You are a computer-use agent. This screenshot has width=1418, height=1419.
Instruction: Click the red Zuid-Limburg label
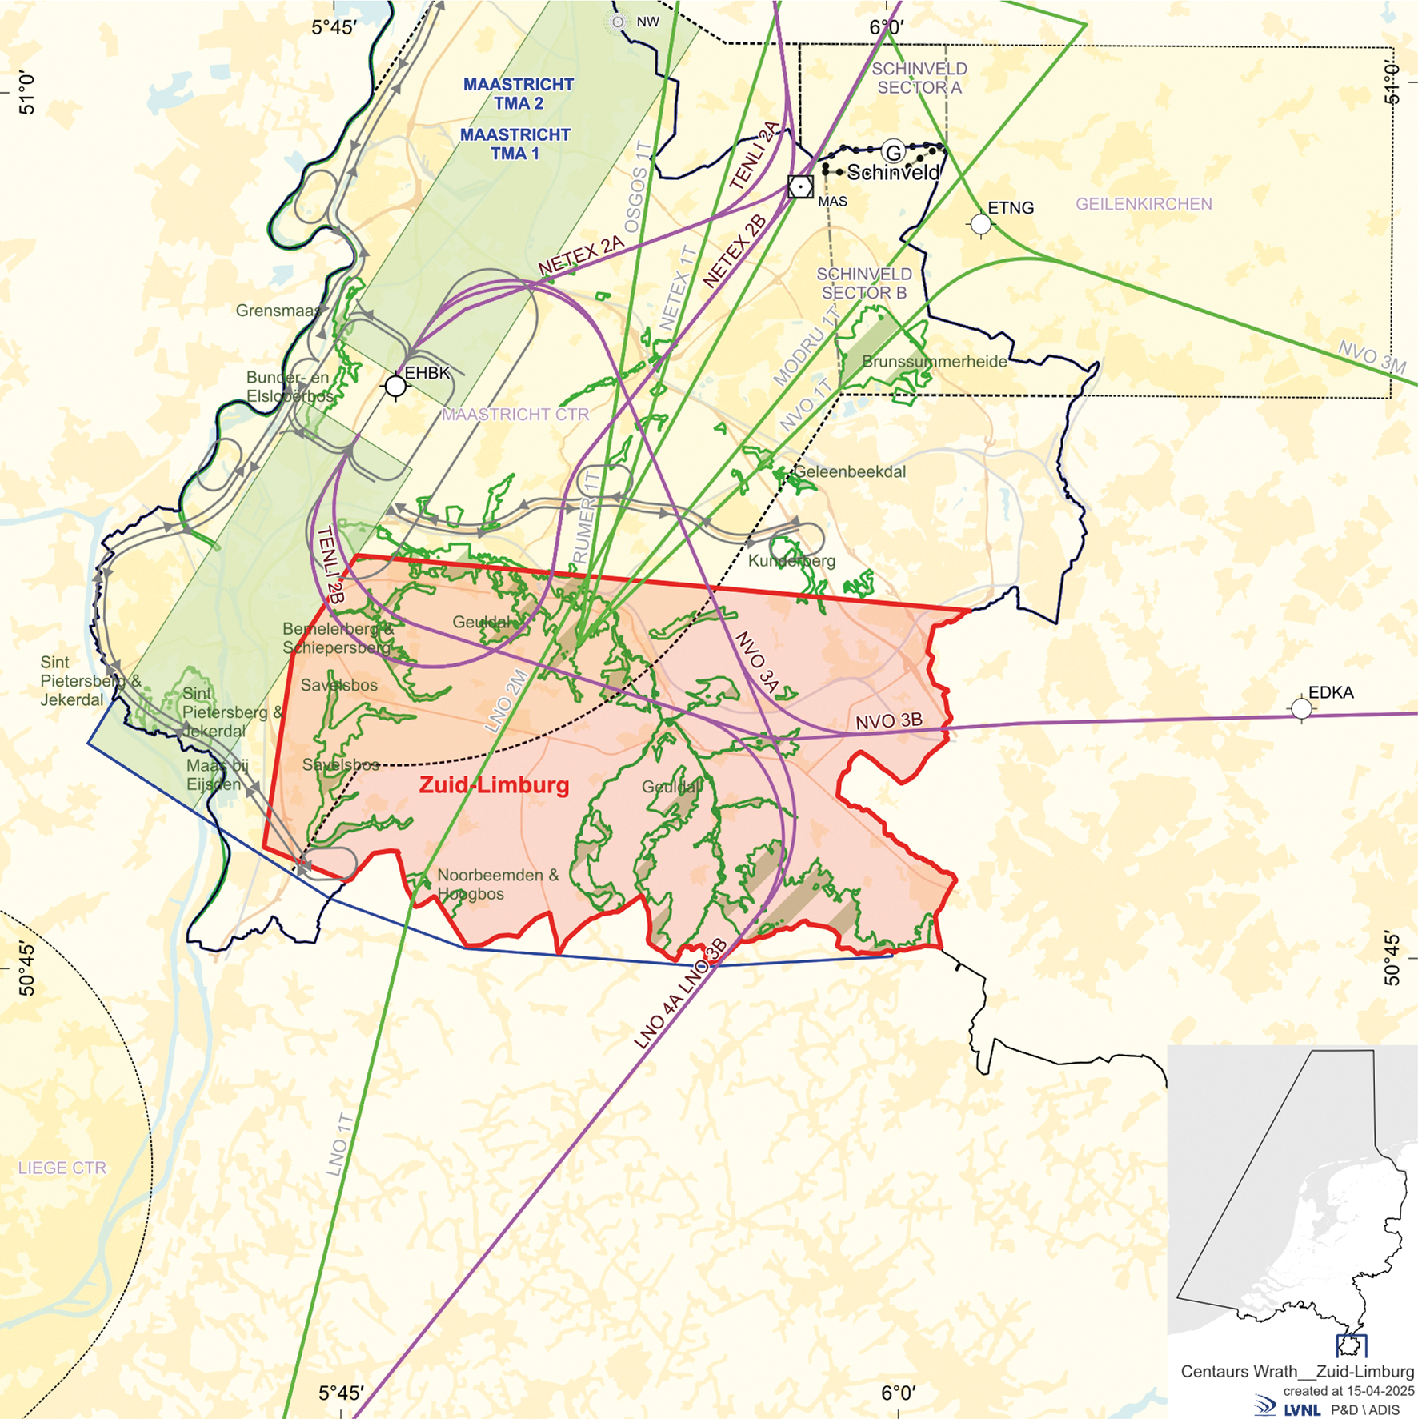pos(494,784)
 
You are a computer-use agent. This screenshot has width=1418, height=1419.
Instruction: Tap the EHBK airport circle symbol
pos(395,387)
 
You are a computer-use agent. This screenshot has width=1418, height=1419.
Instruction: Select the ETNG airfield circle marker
pos(981,224)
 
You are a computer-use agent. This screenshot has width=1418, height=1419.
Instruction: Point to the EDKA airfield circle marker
pos(1302,708)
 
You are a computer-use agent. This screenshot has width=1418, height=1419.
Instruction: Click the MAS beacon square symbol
pos(800,186)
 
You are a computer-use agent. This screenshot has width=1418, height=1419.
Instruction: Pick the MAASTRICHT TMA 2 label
pos(518,94)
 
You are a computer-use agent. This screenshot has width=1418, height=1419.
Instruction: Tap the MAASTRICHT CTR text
pos(515,415)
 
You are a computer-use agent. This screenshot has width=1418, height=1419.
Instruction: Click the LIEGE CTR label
pos(62,1168)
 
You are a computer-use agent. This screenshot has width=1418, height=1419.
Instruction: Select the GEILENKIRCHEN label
pos(1143,204)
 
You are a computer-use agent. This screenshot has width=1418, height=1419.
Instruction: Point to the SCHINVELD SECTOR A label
pos(919,78)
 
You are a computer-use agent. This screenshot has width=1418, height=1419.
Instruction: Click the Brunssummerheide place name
pos(934,362)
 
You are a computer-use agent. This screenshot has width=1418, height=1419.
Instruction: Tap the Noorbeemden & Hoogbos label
pos(497,884)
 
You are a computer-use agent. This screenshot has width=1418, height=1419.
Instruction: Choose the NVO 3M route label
pos(1372,357)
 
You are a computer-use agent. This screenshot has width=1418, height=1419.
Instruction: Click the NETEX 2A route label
pos(581,255)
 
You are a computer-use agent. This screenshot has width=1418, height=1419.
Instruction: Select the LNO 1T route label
pos(340,1144)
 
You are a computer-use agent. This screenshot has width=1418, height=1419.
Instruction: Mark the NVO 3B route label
pos(888,721)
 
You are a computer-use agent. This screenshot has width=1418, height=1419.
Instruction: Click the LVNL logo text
pos(1301,1409)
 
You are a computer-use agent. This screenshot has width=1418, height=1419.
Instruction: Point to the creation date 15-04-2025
pos(1380,1391)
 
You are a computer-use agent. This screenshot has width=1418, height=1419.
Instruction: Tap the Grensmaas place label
pos(278,311)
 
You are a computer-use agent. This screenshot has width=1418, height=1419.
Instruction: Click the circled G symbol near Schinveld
pos(893,152)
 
